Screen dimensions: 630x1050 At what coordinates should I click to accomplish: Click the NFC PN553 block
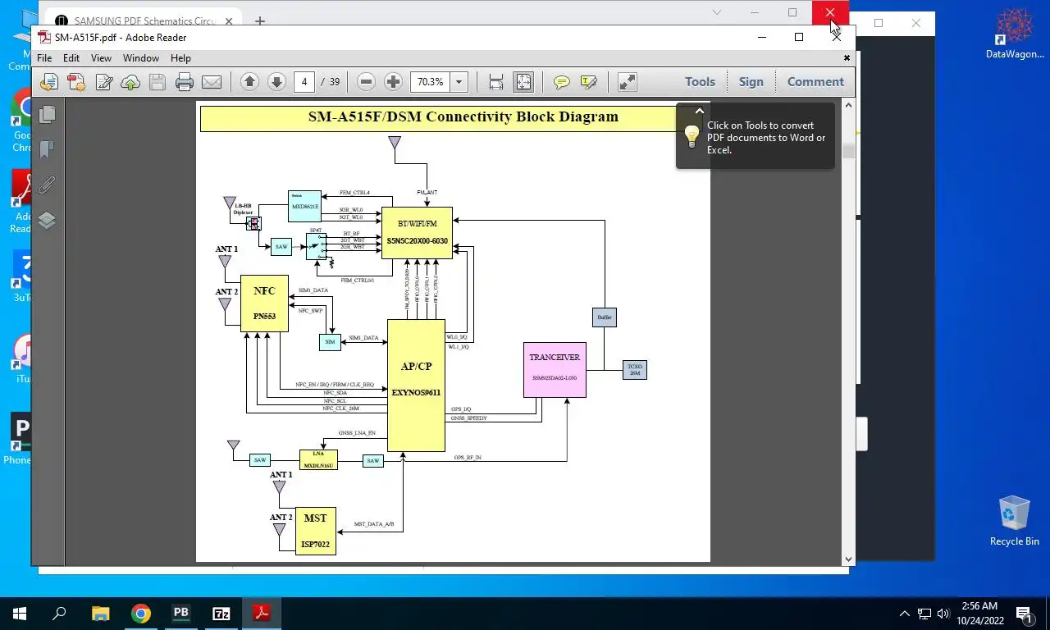pyautogui.click(x=264, y=303)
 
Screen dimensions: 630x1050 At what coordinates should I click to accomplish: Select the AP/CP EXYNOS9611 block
pyautogui.click(x=416, y=385)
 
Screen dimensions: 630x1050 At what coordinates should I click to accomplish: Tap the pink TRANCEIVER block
pyautogui.click(x=555, y=369)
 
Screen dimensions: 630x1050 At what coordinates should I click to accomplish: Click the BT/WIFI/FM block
pyautogui.click(x=417, y=232)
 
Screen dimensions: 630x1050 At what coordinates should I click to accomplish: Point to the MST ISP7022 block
pyautogui.click(x=315, y=531)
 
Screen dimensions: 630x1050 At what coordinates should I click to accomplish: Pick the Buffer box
pyautogui.click(x=604, y=317)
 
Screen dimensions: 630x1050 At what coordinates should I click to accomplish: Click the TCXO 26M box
pyautogui.click(x=634, y=370)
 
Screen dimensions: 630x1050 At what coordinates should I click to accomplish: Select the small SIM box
pyautogui.click(x=330, y=342)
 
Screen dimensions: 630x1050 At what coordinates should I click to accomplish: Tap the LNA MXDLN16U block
pyautogui.click(x=318, y=459)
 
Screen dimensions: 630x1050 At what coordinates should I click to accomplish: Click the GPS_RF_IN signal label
pyautogui.click(x=468, y=457)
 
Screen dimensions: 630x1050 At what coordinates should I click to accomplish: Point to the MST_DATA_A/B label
pyautogui.click(x=374, y=523)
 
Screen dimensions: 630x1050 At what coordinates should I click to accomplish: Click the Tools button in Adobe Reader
pyautogui.click(x=700, y=81)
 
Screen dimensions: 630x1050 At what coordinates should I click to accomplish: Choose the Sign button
pyautogui.click(x=751, y=81)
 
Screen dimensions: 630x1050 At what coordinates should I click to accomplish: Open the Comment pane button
pyautogui.click(x=815, y=81)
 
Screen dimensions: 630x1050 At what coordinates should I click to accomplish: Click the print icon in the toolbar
pyautogui.click(x=185, y=81)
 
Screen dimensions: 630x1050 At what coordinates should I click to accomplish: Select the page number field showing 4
pyautogui.click(x=304, y=81)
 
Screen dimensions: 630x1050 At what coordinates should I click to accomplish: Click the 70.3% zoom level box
pyautogui.click(x=431, y=81)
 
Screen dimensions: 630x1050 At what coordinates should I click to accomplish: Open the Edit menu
pyautogui.click(x=71, y=58)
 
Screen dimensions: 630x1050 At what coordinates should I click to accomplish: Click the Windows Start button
pyautogui.click(x=19, y=613)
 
